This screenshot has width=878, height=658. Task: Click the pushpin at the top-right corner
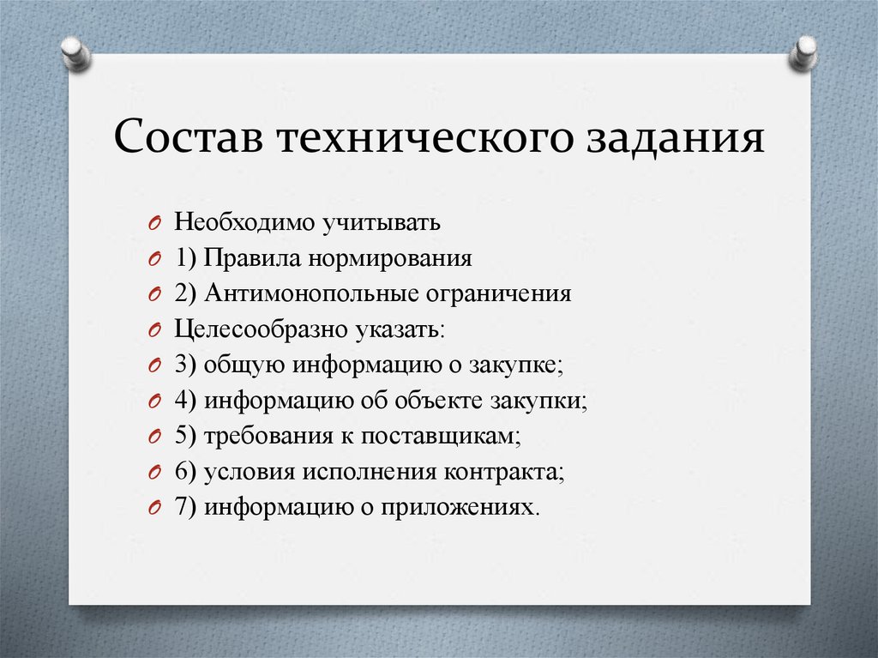coord(804,52)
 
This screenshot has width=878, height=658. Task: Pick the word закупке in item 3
coord(515,365)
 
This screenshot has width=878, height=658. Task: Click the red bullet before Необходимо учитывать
coord(153,225)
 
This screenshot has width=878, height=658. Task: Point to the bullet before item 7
coord(153,508)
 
